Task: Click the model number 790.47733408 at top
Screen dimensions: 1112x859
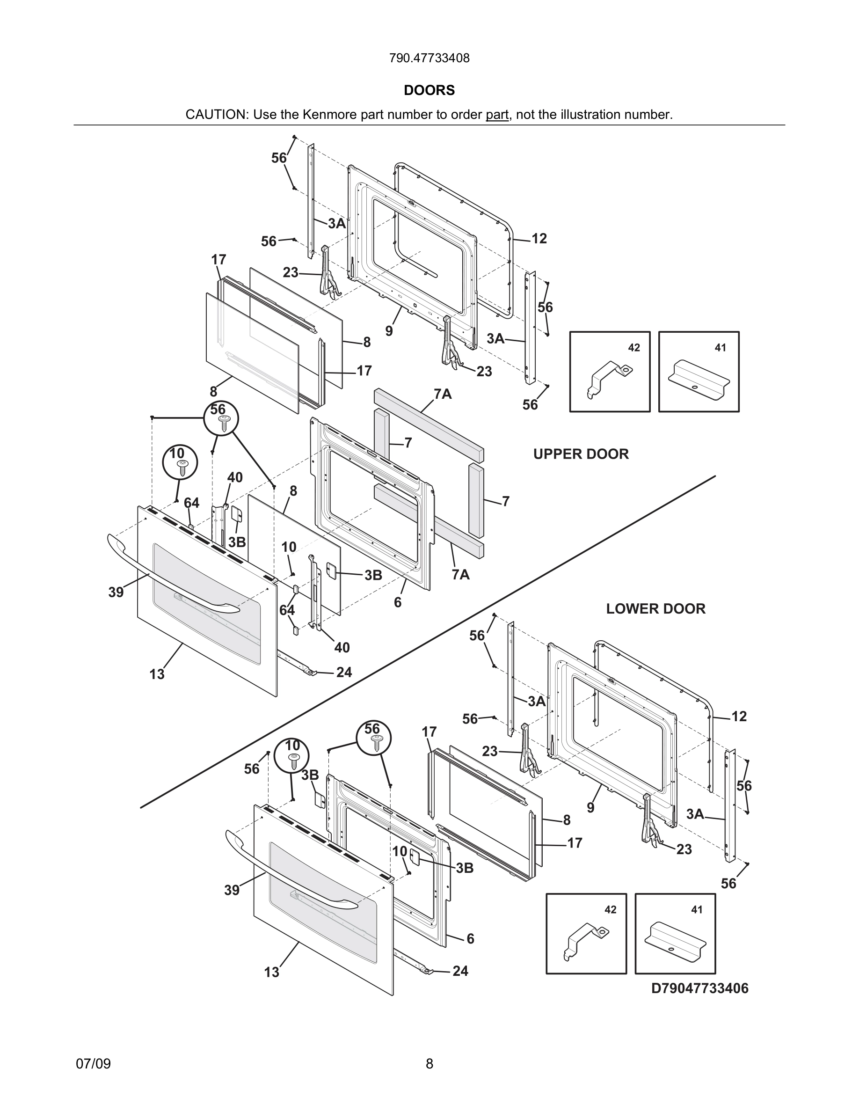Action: pos(429,59)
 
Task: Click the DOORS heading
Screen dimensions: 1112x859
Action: pos(429,90)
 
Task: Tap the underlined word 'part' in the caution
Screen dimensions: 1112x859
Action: pos(497,115)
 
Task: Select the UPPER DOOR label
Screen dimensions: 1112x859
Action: pos(581,454)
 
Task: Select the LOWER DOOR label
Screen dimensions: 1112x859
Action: pos(655,609)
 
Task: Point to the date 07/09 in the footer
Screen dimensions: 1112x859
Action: pos(93,1064)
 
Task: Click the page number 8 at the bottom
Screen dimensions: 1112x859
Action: pos(429,1064)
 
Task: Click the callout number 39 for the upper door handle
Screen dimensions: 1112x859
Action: pos(116,592)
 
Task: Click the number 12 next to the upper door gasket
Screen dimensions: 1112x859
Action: pos(539,239)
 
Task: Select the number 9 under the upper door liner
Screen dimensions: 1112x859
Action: pos(389,331)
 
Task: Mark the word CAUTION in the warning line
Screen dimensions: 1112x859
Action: pos(216,115)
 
